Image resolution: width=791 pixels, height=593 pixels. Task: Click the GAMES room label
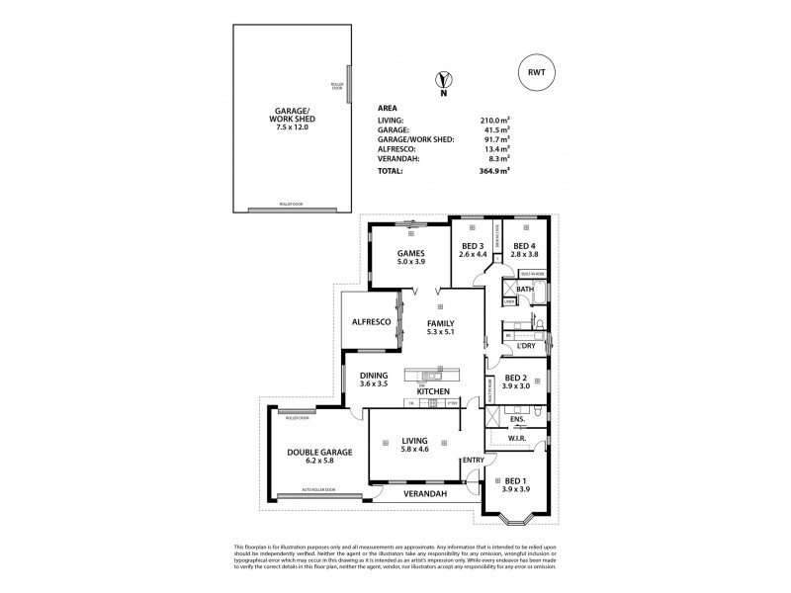click(410, 251)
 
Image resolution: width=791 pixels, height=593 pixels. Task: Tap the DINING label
click(373, 375)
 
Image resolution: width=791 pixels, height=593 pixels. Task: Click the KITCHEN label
click(433, 392)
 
